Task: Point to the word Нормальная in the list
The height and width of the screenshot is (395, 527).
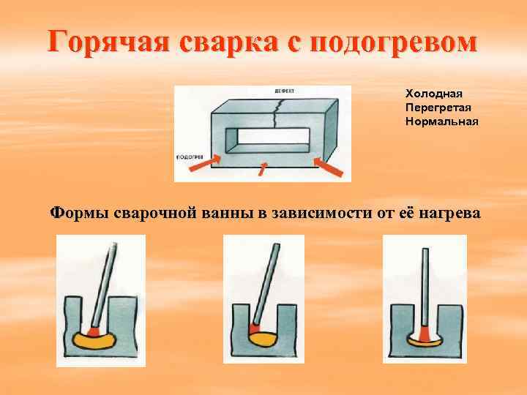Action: [x=441, y=121]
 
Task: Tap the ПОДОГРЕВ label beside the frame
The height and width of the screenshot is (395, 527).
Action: [x=190, y=156]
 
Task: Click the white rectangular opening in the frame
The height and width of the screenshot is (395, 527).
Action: [x=271, y=140]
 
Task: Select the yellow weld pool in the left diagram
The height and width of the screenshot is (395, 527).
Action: [x=94, y=339]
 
